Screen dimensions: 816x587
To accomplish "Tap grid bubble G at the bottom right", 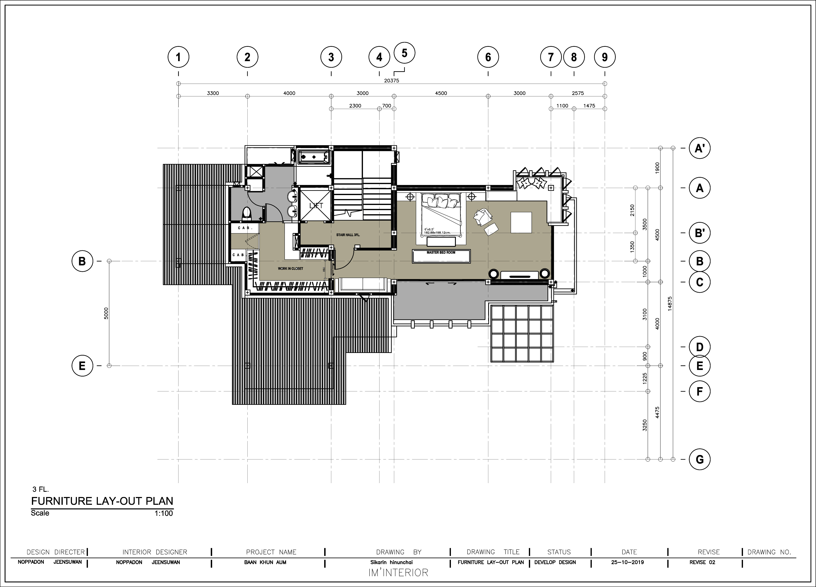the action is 699,459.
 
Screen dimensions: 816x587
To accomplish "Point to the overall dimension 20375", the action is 392,81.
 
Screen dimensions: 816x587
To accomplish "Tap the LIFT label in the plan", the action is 316,206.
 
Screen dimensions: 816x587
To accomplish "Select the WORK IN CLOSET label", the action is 290,269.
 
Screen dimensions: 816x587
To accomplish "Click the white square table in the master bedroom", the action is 521,223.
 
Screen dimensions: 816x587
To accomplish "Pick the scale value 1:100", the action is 164,513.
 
